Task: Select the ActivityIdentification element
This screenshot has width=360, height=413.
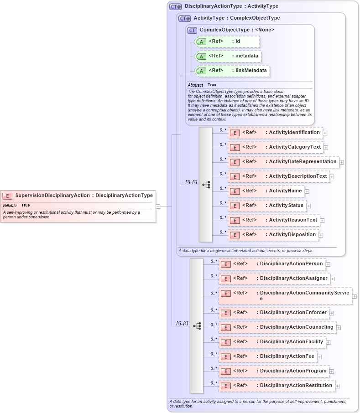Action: coord(275,133)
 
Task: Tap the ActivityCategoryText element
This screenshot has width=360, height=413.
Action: coord(276,147)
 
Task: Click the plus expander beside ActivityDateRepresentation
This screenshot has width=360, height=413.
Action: coord(341,162)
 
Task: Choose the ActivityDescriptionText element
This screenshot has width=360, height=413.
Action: coord(278,176)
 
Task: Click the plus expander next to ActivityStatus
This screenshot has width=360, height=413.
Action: coord(308,206)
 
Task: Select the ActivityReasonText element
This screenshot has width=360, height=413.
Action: coord(273,220)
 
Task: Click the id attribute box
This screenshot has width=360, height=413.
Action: coord(227,41)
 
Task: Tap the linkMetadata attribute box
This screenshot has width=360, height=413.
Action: coord(232,71)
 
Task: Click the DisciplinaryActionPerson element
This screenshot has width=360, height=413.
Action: coord(272,264)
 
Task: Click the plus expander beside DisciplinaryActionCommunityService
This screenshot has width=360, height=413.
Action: coord(355,296)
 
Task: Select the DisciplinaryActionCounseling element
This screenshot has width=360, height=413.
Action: coord(277,327)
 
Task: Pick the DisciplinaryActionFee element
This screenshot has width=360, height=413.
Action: coord(268,356)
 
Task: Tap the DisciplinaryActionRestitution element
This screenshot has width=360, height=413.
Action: coord(277,386)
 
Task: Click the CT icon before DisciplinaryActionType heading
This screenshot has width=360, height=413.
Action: coord(176,6)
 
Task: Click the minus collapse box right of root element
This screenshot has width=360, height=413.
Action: coord(158,206)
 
